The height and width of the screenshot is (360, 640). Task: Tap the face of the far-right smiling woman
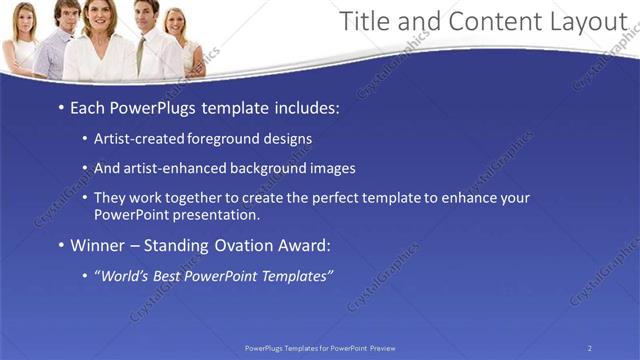click(177, 22)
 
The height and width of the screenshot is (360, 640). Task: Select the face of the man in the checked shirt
click(64, 14)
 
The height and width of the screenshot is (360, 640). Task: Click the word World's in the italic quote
click(122, 276)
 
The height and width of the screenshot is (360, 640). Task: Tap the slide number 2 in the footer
click(589, 348)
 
